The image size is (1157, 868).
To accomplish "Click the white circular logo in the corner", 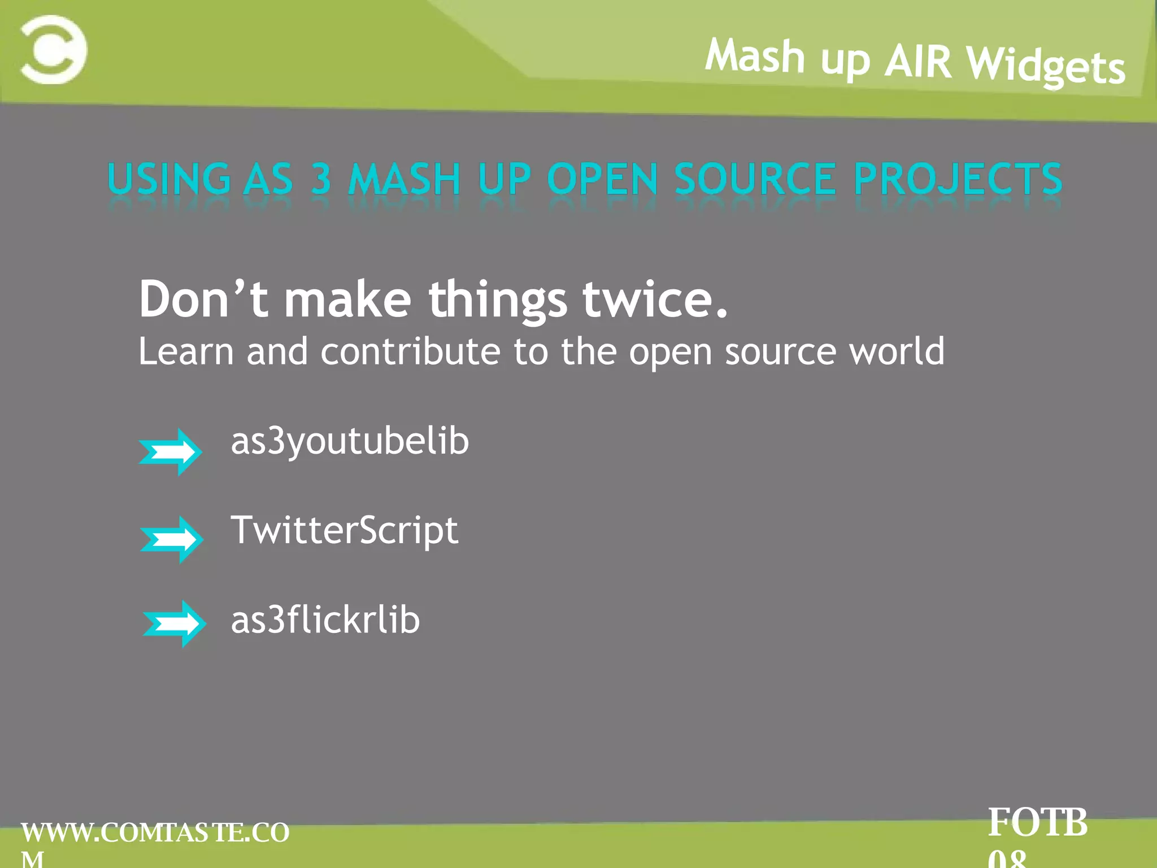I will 54,50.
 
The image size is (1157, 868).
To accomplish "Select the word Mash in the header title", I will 755,56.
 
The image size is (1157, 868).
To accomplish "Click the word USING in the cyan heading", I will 169,179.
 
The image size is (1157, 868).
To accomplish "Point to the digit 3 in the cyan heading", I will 321,179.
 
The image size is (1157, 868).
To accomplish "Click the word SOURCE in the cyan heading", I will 755,179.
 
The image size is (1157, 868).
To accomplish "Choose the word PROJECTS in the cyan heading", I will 958,179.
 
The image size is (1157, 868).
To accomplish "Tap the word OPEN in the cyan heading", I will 602,179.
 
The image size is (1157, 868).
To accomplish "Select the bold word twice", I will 655,299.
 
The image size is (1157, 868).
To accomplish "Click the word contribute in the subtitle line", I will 411,351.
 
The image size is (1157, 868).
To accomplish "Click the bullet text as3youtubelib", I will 350,441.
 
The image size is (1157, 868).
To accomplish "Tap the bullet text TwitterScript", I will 344,531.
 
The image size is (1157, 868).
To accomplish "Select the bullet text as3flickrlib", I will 325,620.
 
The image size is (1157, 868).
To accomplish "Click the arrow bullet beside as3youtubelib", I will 170,452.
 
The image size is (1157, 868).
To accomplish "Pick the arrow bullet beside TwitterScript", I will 172,539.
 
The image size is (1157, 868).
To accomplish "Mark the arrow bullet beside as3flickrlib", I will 174,623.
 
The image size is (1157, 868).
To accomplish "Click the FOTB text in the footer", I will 1037,822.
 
